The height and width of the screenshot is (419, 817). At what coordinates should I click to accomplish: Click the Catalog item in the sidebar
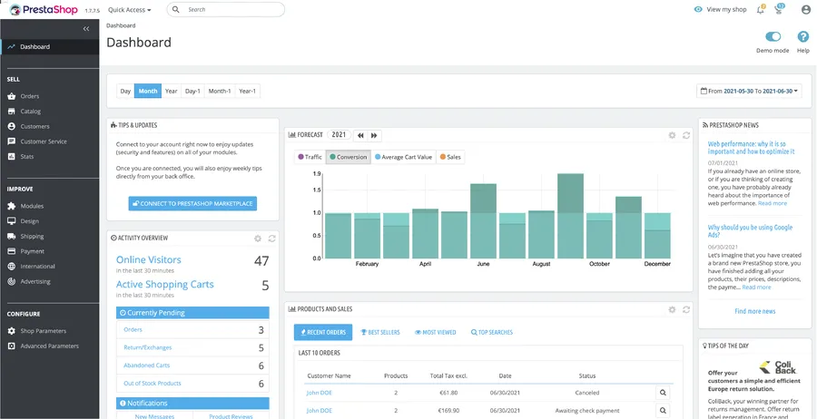pyautogui.click(x=31, y=112)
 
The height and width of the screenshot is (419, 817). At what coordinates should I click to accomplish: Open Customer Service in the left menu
pyautogui.click(x=44, y=141)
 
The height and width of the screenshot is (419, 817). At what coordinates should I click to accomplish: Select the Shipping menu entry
pyautogui.click(x=32, y=236)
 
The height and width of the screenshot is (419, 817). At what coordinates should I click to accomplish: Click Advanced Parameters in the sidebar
pyautogui.click(x=50, y=346)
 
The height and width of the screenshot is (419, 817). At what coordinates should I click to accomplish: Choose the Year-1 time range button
pyautogui.click(x=247, y=91)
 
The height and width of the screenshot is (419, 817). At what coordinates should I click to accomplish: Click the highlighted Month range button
pyautogui.click(x=147, y=91)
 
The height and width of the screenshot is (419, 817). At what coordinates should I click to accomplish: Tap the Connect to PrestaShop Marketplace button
pyautogui.click(x=192, y=203)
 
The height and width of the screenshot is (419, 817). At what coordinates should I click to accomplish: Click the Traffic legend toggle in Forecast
pyautogui.click(x=310, y=157)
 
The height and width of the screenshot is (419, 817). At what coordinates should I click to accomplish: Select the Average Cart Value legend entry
pyautogui.click(x=404, y=157)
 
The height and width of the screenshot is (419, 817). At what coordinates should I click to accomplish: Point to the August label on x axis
pyautogui.click(x=541, y=264)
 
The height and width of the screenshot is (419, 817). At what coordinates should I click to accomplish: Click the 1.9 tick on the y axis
pyautogui.click(x=317, y=172)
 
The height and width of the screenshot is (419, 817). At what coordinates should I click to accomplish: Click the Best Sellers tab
pyautogui.click(x=379, y=333)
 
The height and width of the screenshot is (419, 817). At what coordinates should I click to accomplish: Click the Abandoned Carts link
pyautogui.click(x=146, y=365)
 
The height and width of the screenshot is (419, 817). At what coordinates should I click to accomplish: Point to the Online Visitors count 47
pyautogui.click(x=261, y=261)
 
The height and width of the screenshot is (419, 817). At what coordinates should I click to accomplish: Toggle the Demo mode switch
pyautogui.click(x=773, y=37)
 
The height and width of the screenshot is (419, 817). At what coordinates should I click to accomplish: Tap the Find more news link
pyautogui.click(x=754, y=311)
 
